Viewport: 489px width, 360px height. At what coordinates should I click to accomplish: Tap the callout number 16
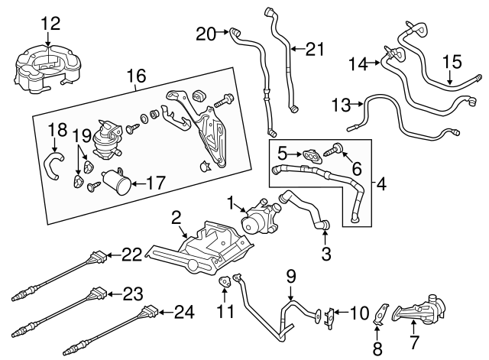point(135,76)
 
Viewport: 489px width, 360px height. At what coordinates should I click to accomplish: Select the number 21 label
point(315,50)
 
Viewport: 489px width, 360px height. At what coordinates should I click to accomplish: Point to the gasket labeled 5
point(309,155)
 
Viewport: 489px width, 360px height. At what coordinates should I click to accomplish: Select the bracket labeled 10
point(331,314)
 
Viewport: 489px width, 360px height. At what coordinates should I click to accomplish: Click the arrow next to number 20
point(227,32)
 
